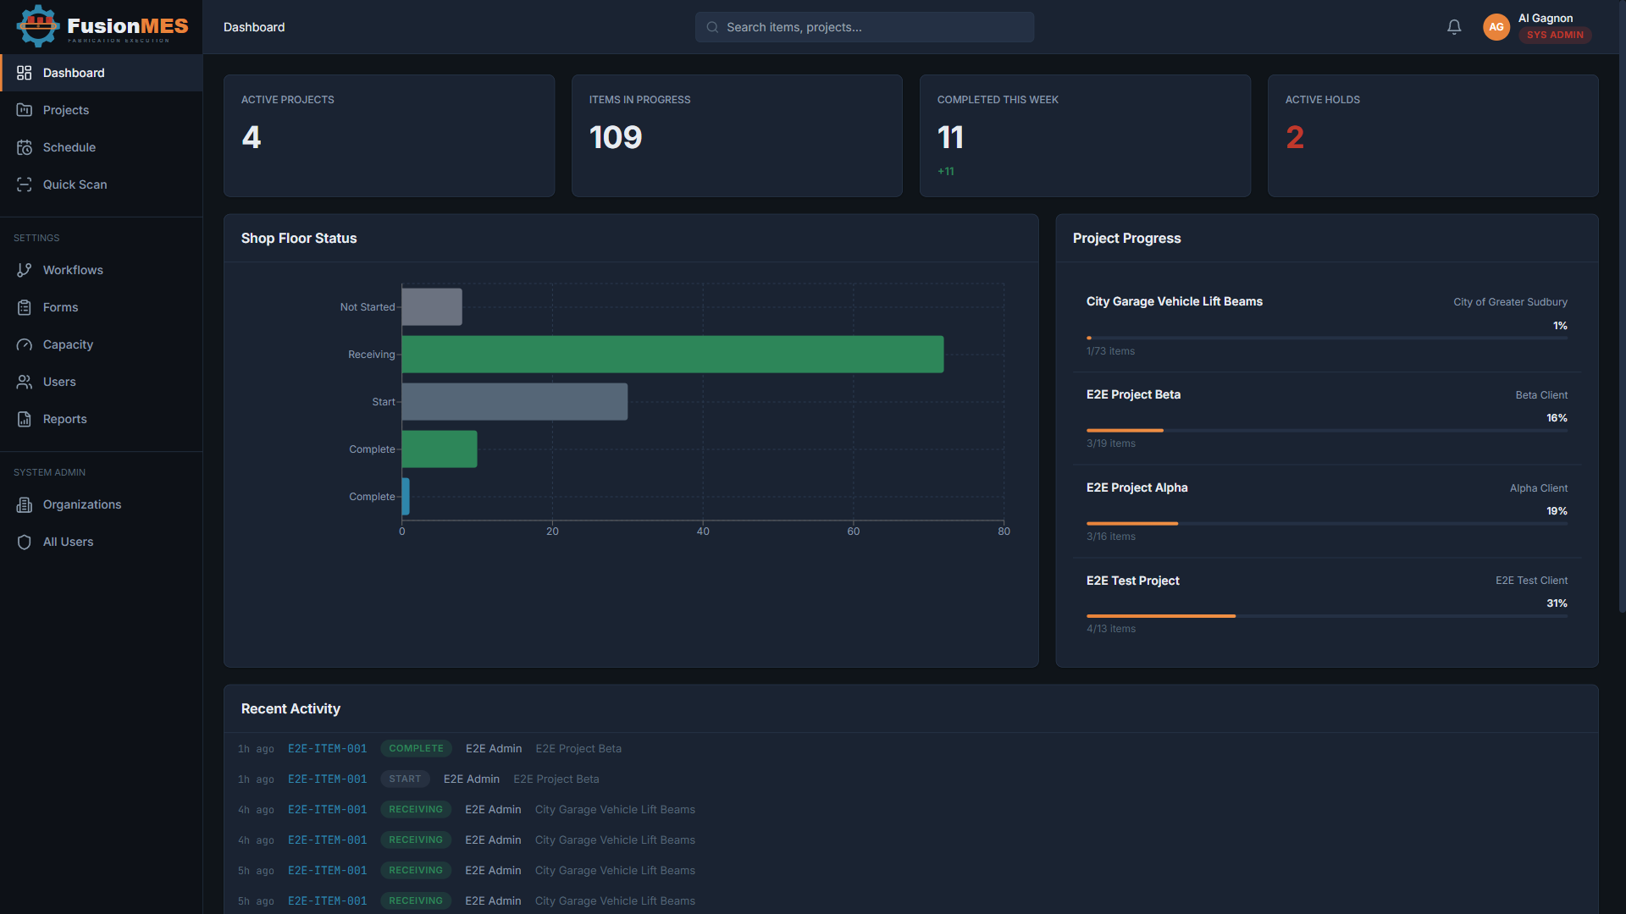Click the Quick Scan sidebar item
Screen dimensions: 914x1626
[75, 184]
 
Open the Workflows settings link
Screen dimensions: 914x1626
[73, 270]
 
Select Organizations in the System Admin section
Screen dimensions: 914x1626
[81, 504]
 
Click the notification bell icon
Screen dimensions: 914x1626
[1454, 27]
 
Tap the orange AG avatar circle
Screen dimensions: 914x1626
[1496, 27]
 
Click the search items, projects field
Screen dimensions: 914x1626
[864, 27]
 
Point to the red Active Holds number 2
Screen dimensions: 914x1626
[1295, 137]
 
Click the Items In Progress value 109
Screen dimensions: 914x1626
[616, 137]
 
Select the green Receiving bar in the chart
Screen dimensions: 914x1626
[672, 355]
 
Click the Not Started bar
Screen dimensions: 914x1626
[432, 307]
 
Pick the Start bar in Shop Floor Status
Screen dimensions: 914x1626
[514, 402]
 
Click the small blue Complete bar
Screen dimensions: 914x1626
[406, 497]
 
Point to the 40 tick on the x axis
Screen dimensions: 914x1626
[703, 531]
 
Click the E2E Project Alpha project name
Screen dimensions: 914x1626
[1137, 487]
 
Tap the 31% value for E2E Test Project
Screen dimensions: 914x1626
[1557, 603]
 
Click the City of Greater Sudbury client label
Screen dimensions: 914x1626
[1510, 302]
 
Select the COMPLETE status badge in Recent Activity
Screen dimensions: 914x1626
[416, 749]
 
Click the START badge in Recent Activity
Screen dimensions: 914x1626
[405, 779]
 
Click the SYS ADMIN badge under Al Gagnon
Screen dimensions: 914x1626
[1555, 36]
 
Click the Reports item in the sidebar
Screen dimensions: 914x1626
[64, 419]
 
